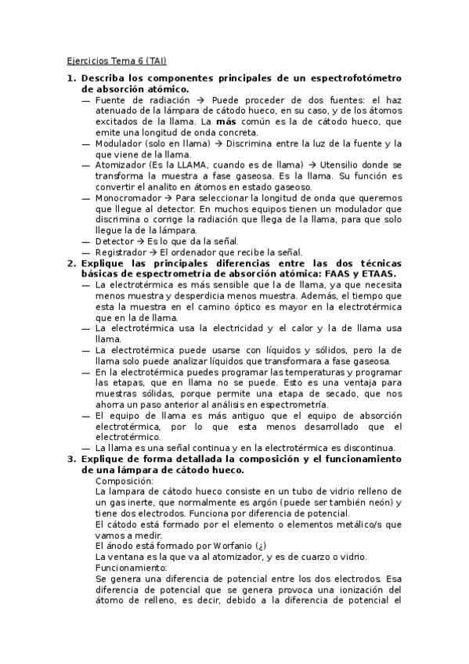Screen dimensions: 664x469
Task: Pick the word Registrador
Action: [120, 253]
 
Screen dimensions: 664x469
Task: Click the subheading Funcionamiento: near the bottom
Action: [130, 567]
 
